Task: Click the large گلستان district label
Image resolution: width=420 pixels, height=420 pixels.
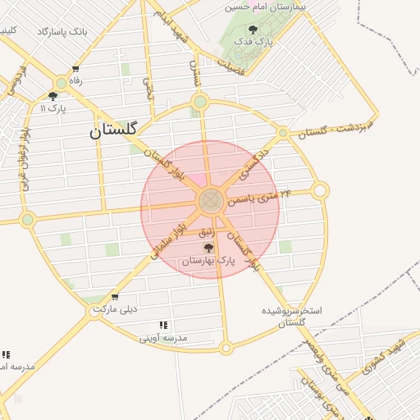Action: pyautogui.click(x=114, y=129)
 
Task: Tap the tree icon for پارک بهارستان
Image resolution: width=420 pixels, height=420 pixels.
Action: pyautogui.click(x=208, y=247)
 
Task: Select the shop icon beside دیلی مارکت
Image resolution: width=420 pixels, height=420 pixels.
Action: pyautogui.click(x=114, y=297)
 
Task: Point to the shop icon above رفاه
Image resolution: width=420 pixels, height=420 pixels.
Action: pyautogui.click(x=75, y=70)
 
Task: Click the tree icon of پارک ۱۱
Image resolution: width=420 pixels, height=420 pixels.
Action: pyautogui.click(x=52, y=96)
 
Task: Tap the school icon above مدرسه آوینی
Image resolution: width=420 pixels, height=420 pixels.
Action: pyautogui.click(x=163, y=325)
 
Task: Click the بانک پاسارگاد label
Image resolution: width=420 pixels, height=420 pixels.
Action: pyautogui.click(x=62, y=32)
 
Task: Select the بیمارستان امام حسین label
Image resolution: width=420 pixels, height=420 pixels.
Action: pyautogui.click(x=269, y=7)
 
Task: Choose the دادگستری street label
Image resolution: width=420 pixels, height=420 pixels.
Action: pyautogui.click(x=255, y=162)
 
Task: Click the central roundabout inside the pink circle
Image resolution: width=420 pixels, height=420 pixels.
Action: pyautogui.click(x=210, y=199)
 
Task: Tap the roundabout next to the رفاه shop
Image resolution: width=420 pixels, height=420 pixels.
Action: pyautogui.click(x=61, y=83)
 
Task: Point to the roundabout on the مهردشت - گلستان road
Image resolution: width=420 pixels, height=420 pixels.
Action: pyautogui.click(x=283, y=132)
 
